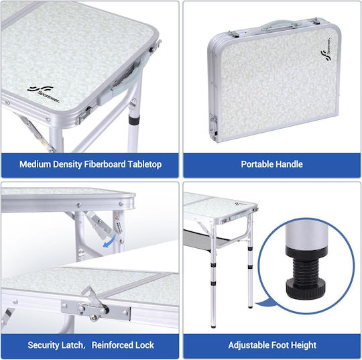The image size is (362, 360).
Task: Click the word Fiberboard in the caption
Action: tap(105, 164)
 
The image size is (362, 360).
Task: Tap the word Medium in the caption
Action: tap(35, 164)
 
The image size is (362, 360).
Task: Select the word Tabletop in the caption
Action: tap(145, 165)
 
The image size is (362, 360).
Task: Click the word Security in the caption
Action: tap(44, 345)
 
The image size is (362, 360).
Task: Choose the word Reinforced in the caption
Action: tap(112, 345)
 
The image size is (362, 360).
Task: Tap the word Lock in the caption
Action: tap(145, 345)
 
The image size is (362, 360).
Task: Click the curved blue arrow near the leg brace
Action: tap(109, 241)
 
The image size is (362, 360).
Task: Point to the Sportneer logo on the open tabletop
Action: tap(44, 94)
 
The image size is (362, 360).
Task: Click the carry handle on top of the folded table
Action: tap(280, 26)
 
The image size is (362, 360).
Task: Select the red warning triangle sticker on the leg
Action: tap(117, 218)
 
